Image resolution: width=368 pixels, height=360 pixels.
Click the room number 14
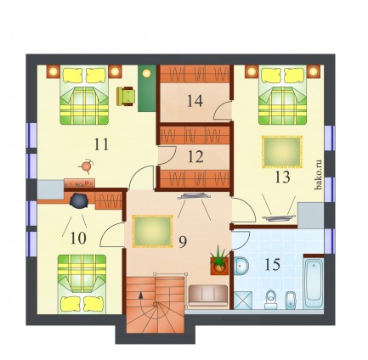coord(195,101)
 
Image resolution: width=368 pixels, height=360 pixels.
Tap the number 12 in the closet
coord(195,156)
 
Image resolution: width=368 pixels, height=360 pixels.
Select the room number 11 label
coord(101,144)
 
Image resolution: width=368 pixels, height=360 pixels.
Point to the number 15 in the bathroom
coord(272,265)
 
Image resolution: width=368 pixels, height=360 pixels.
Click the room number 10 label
coord(78,239)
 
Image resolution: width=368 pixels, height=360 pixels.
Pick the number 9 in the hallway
coord(183,242)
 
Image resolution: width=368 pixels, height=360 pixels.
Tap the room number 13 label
coord(282,177)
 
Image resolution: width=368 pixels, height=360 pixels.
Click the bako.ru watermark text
coord(319,175)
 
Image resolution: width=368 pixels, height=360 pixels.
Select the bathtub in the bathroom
coord(313,284)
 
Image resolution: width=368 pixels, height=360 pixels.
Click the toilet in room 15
coord(271,300)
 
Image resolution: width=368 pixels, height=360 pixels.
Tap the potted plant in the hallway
coord(219,261)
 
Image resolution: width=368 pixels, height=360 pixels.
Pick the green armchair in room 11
coord(126,97)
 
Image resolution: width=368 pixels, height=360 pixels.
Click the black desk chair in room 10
coord(79,200)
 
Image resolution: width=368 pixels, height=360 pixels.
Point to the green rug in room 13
coord(282,152)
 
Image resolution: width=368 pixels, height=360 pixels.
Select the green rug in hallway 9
coord(152,231)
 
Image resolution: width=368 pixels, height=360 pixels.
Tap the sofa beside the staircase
coord(208,295)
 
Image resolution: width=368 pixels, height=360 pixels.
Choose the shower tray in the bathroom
coord(243,300)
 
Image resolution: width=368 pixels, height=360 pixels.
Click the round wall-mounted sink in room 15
coord(241,266)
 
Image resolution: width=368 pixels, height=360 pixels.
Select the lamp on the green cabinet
coord(146,73)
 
